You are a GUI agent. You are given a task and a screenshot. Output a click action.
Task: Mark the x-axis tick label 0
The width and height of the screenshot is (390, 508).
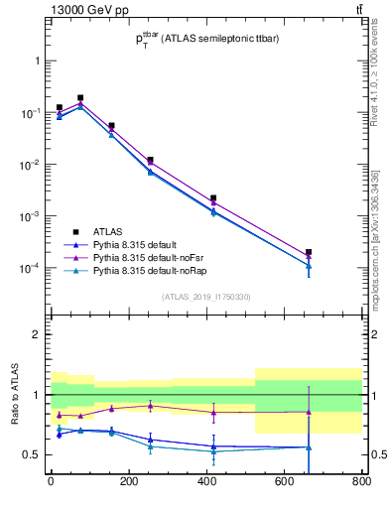50,482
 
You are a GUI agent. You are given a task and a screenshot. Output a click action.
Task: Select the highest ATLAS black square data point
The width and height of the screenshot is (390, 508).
80,98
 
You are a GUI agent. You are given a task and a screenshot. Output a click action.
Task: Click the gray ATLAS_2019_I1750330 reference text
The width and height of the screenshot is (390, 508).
206,297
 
